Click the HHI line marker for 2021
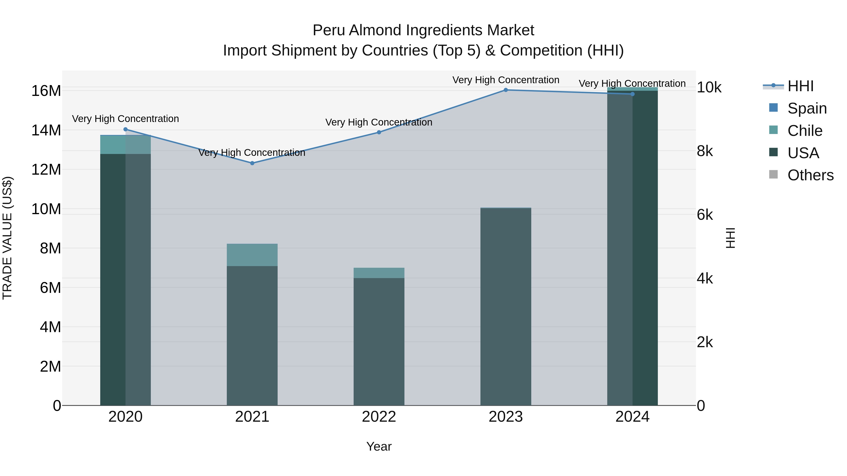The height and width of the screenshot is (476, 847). tap(252, 163)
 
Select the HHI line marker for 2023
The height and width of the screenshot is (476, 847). tap(506, 90)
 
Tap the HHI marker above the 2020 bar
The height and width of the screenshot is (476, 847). tap(125, 129)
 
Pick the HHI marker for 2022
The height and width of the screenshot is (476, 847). tap(379, 132)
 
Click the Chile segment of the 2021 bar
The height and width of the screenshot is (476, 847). tap(252, 255)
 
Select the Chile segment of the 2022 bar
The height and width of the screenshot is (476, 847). tap(379, 273)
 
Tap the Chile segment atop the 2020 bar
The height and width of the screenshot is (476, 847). tap(125, 145)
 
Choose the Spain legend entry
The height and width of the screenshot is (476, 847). tap(807, 108)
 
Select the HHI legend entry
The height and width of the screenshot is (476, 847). tap(800, 86)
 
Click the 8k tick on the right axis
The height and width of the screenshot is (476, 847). tap(705, 151)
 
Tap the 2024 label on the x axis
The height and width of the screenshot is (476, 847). tap(632, 417)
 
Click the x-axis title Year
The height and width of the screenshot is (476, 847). tap(379, 446)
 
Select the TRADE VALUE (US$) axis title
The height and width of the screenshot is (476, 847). tap(7, 238)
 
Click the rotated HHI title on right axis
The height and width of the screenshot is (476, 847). tap(730, 238)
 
